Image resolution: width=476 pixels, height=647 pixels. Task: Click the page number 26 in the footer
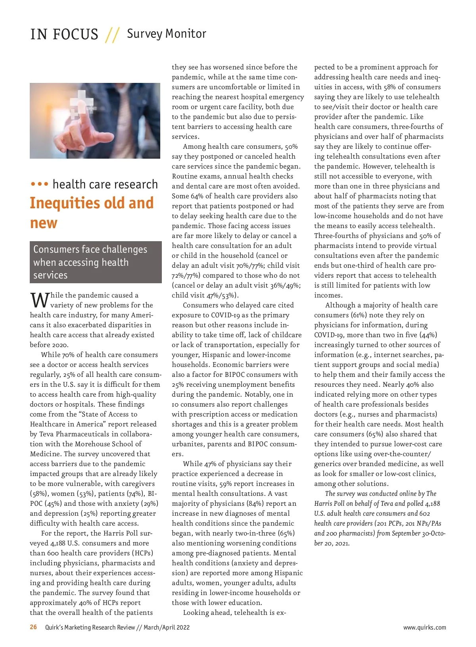pyautogui.click(x=33, y=627)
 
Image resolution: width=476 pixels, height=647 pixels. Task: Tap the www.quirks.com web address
pyautogui.click(x=424, y=628)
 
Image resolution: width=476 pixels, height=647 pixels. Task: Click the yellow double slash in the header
pyautogui.click(x=112, y=35)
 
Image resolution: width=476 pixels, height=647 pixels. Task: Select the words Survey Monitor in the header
pyautogui.click(x=166, y=34)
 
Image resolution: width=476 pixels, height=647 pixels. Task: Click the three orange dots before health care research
pyautogui.click(x=39, y=184)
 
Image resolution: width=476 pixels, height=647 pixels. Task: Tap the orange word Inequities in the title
pyautogui.click(x=66, y=203)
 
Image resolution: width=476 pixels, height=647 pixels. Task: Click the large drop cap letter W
pyautogui.click(x=39, y=300)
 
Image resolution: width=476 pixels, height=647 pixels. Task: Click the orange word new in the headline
pyautogui.click(x=44, y=223)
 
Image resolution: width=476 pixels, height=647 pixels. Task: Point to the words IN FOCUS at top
pyautogui.click(x=64, y=35)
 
